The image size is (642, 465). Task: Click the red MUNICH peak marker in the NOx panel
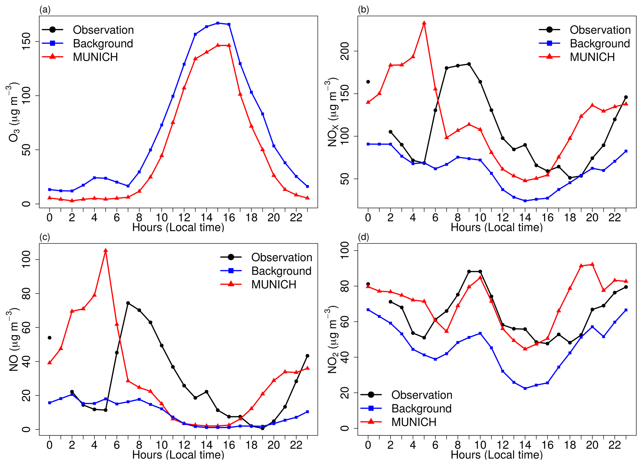[x=424, y=23]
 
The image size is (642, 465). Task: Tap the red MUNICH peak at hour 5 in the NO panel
[x=106, y=250]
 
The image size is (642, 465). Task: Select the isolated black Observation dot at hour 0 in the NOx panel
[x=368, y=82]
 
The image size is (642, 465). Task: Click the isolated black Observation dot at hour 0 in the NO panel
[x=49, y=338]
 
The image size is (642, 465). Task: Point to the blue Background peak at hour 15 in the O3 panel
[x=218, y=23]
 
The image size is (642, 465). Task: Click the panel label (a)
[x=45, y=10]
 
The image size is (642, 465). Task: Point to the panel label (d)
[x=363, y=237]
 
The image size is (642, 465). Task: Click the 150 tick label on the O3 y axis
[x=26, y=41]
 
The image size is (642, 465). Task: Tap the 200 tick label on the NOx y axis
[x=345, y=51]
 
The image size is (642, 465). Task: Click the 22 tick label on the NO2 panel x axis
[x=614, y=445]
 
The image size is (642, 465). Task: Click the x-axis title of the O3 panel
[x=178, y=227]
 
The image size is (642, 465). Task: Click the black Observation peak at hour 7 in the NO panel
[x=128, y=303]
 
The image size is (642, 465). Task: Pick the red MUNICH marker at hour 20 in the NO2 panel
[x=592, y=264]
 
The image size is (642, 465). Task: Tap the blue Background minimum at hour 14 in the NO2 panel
[x=525, y=388]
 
